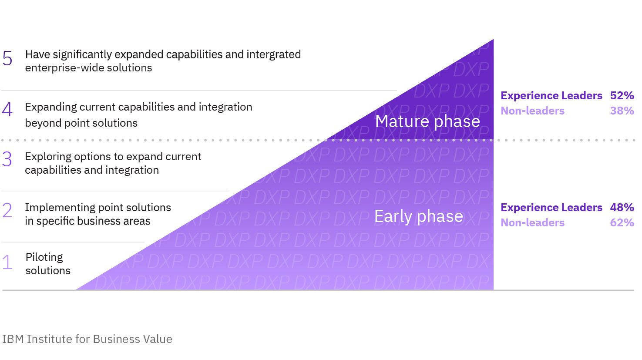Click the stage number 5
pyautogui.click(x=7, y=58)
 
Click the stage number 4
pyautogui.click(x=7, y=110)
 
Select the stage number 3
pyautogui.click(x=7, y=159)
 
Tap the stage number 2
pyautogui.click(x=7, y=211)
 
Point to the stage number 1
pyautogui.click(x=7, y=262)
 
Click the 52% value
pyautogui.click(x=622, y=96)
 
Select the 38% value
pyautogui.click(x=622, y=111)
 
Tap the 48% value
pyautogui.click(x=622, y=208)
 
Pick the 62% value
pyautogui.click(x=622, y=223)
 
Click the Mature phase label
pyautogui.click(x=427, y=121)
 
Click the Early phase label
pyautogui.click(x=418, y=216)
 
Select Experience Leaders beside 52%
pyautogui.click(x=551, y=96)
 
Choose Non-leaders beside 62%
pyautogui.click(x=532, y=223)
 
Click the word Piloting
pyautogui.click(x=44, y=257)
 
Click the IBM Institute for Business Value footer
pyautogui.click(x=87, y=339)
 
